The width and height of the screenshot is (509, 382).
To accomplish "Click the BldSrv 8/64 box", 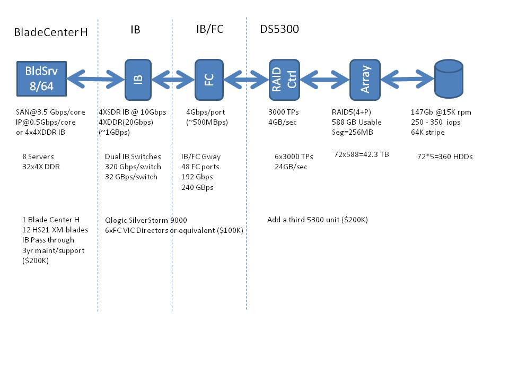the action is tap(41, 79).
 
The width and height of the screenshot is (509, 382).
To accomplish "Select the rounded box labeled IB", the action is tap(138, 80).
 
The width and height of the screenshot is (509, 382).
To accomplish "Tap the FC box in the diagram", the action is tap(209, 80).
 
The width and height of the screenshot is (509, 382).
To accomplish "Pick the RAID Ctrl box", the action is tap(284, 80).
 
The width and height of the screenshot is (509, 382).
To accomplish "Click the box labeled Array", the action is tap(365, 80).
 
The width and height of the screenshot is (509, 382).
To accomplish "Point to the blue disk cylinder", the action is tap(449, 79).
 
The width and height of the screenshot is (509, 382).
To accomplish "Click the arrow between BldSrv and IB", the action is tap(96, 79).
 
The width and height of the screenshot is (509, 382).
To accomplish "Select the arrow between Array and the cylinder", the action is tap(407, 79).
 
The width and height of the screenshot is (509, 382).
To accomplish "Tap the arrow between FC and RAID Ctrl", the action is tap(247, 79).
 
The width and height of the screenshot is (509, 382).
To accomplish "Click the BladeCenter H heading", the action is tap(51, 32).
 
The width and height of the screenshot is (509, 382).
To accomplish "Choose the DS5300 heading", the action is tap(279, 29).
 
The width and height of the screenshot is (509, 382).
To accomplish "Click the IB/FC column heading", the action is tap(210, 29).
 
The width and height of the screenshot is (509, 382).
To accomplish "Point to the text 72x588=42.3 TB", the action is tap(361, 154).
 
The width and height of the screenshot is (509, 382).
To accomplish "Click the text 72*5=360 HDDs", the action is tap(445, 157).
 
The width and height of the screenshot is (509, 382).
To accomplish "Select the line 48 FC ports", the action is tap(200, 167).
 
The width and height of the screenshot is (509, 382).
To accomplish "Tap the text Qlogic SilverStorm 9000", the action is tap(146, 220).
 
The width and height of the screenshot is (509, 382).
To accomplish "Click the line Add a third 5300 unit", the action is tap(317, 220).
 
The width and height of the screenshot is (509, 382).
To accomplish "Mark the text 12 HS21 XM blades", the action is tap(55, 230).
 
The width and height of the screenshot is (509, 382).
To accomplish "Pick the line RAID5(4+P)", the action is tap(351, 112).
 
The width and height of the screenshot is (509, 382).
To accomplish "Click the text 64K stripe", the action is tap(427, 132).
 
